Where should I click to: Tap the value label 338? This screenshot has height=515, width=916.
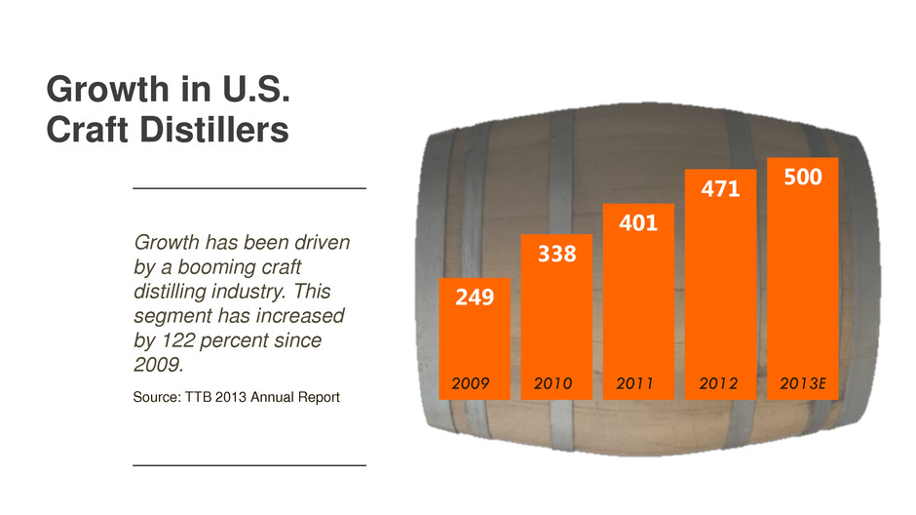click(x=557, y=255)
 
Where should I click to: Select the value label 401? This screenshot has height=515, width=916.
click(x=638, y=223)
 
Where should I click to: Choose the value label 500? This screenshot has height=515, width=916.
click(x=802, y=178)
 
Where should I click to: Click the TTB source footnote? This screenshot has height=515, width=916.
click(x=235, y=396)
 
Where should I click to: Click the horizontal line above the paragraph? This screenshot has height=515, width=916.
click(x=248, y=186)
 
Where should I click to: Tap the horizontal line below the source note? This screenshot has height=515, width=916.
click(x=248, y=466)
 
